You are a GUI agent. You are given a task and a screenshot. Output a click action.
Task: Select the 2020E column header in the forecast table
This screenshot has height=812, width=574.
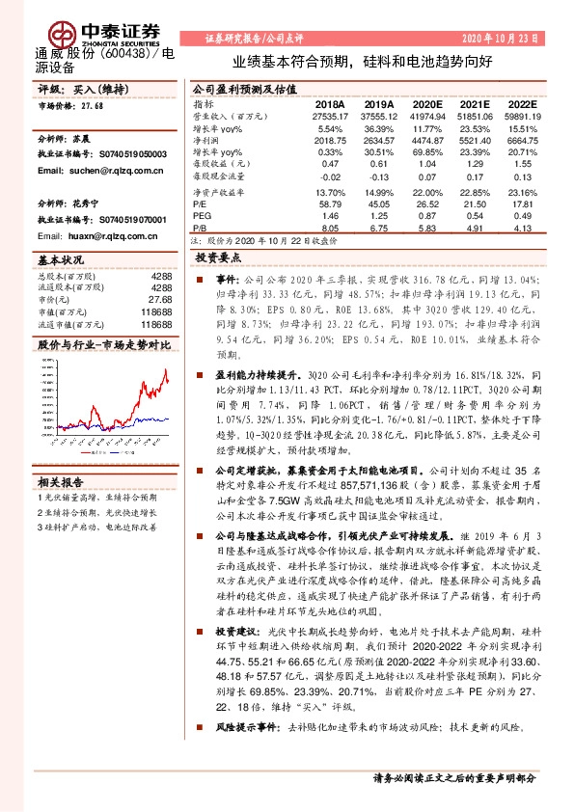(426, 103)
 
